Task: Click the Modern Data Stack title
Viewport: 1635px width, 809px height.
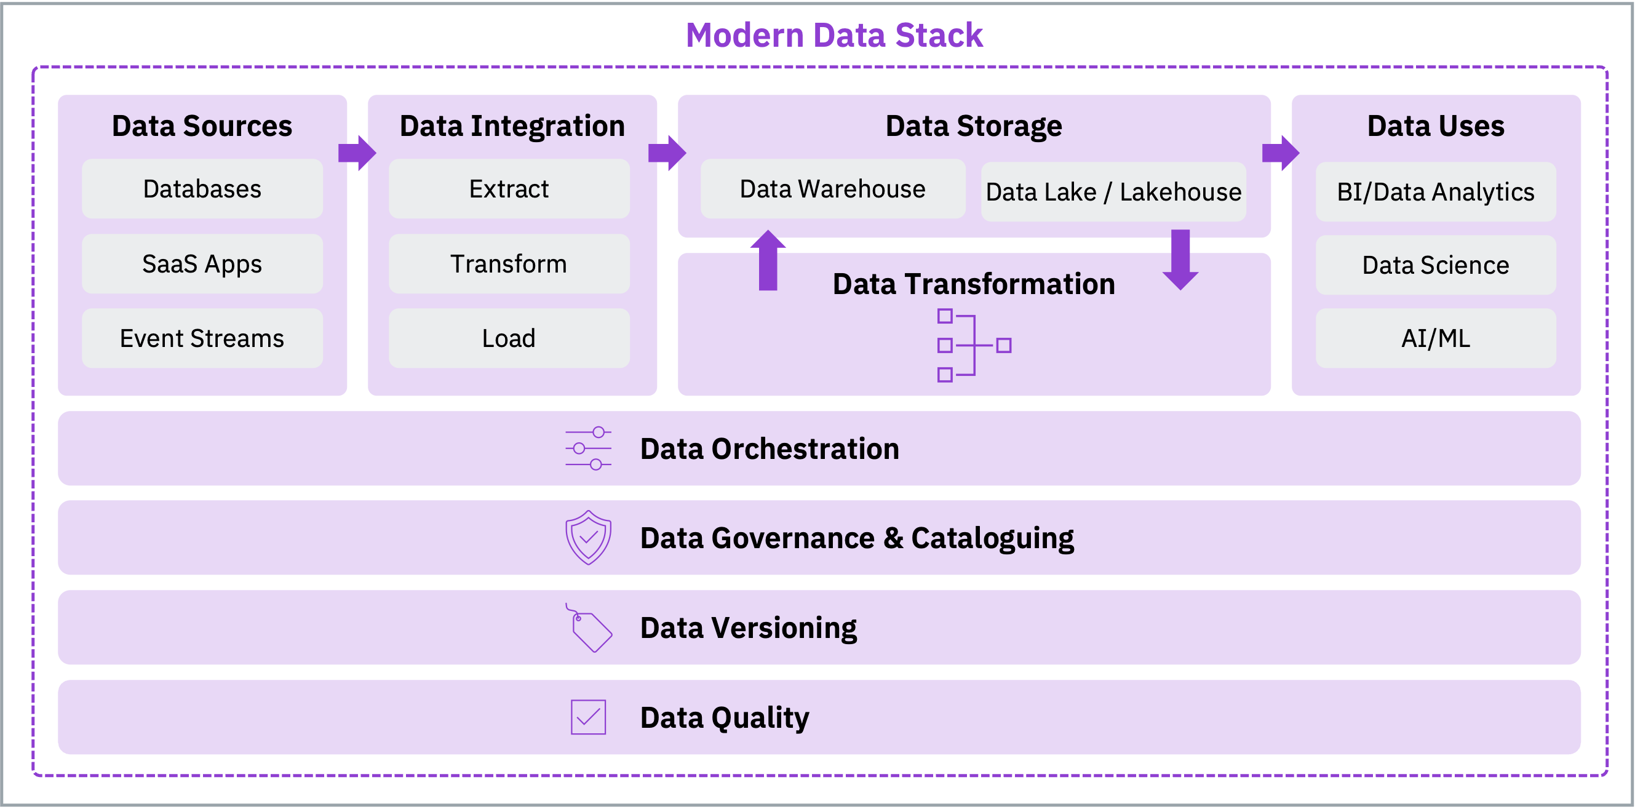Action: click(834, 36)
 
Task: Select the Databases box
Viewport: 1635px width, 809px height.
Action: click(202, 189)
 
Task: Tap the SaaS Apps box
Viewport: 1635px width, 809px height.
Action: click(202, 263)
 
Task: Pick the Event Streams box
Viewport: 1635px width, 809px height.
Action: click(202, 338)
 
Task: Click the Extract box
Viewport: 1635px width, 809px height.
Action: click(509, 189)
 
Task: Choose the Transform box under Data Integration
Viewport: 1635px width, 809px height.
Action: click(509, 263)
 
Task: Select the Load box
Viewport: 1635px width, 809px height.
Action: click(509, 338)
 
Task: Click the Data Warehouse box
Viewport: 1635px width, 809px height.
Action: click(833, 189)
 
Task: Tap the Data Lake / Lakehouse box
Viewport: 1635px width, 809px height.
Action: click(1113, 192)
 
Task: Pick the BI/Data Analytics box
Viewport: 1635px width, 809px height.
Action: click(1436, 192)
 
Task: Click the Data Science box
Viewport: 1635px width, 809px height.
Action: click(1436, 265)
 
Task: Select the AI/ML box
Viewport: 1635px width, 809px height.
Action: click(1436, 338)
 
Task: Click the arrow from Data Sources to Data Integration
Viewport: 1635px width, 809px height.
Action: click(357, 153)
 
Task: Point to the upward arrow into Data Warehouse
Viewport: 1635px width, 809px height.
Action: click(768, 260)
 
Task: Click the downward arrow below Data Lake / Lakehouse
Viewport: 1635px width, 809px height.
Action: click(1180, 260)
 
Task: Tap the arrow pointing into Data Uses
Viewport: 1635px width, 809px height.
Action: click(1281, 153)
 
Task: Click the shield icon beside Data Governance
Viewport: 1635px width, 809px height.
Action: click(589, 537)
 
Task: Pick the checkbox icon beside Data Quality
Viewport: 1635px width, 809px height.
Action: click(589, 717)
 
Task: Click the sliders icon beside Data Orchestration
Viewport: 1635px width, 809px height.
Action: click(589, 448)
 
